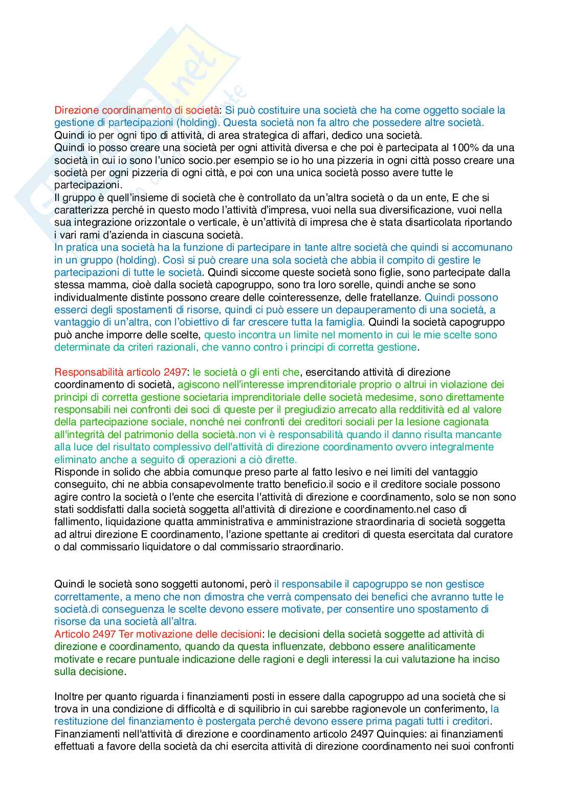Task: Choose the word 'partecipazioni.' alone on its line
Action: [88, 185]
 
